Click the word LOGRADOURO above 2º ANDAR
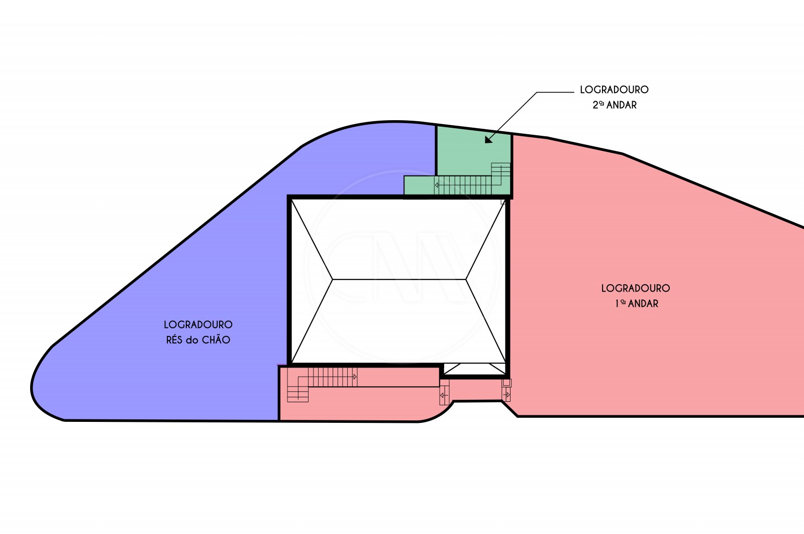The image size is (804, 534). (614, 90)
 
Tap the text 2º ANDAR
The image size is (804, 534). (615, 105)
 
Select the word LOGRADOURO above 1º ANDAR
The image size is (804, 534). (636, 288)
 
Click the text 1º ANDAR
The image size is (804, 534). (637, 303)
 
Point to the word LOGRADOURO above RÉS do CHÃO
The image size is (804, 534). (198, 324)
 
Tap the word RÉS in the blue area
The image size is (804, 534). (174, 339)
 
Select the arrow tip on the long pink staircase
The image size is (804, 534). (355, 376)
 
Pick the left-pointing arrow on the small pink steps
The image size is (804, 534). (444, 396)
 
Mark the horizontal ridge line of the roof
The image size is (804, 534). (399, 279)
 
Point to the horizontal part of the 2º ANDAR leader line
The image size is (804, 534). (556, 93)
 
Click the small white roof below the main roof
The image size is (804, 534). (474, 369)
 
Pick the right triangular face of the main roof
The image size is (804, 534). (486, 280)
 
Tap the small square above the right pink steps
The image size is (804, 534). (507, 383)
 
